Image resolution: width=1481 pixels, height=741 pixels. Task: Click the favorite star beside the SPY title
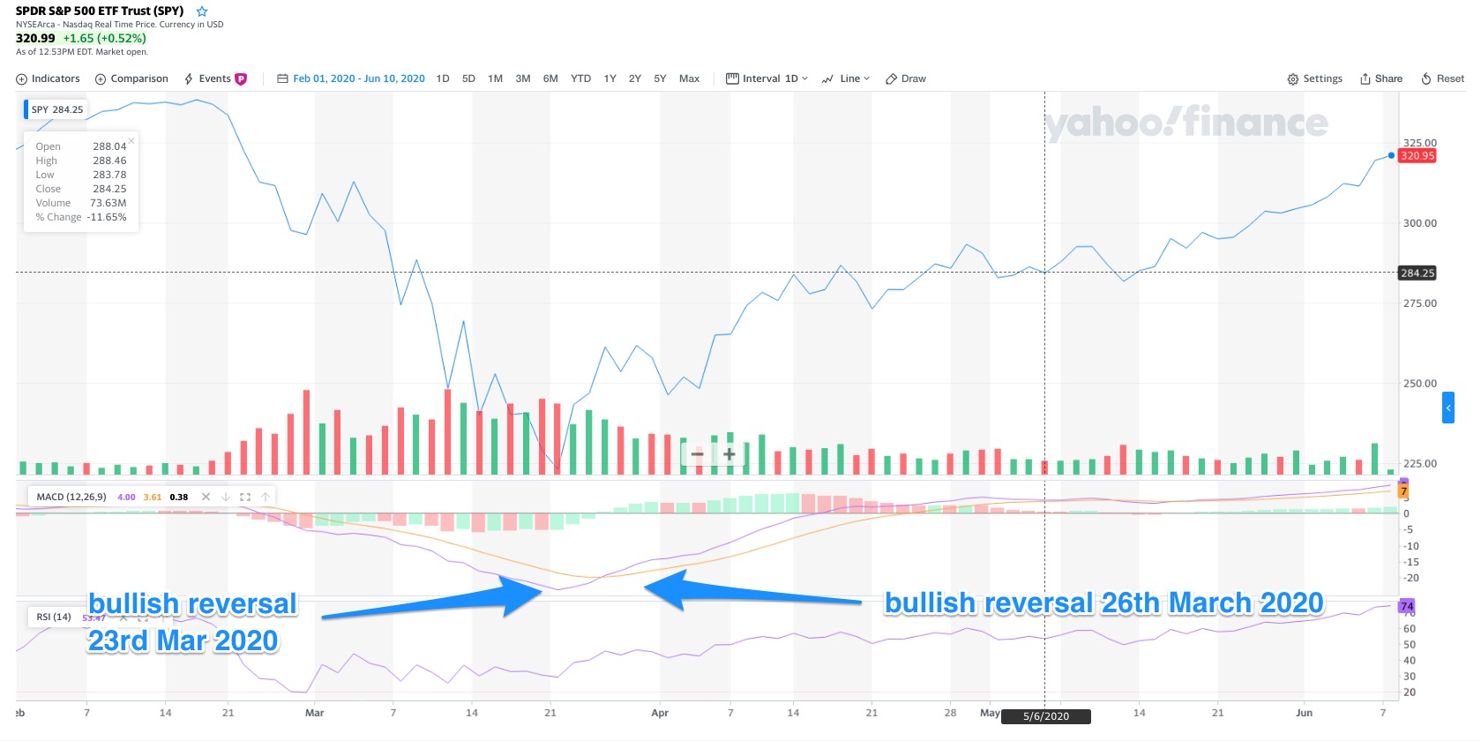click(x=202, y=11)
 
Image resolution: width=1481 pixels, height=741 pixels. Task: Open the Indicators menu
click(x=49, y=79)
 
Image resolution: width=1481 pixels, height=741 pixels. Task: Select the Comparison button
click(x=131, y=79)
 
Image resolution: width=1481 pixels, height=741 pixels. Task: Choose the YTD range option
click(x=580, y=79)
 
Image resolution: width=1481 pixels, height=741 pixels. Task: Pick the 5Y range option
click(x=660, y=79)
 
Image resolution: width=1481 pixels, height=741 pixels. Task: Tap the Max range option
click(x=689, y=79)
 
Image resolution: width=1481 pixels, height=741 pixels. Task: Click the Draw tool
click(x=906, y=79)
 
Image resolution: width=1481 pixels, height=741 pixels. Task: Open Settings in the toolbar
click(x=1314, y=79)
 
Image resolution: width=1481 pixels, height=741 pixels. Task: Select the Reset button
click(x=1442, y=79)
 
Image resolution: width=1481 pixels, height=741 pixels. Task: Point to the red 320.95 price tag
click(x=1417, y=156)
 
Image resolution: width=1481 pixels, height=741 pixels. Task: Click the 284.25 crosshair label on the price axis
click(x=1417, y=273)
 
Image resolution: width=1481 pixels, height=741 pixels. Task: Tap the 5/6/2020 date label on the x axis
click(x=1045, y=716)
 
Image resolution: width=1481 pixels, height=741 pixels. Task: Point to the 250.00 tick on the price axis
click(x=1419, y=384)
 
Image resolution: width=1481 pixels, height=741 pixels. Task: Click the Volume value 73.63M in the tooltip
click(x=108, y=203)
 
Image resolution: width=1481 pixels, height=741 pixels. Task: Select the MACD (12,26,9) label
click(x=71, y=497)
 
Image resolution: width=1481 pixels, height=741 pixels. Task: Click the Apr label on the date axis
click(x=660, y=713)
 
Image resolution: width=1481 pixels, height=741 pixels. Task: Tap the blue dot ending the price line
click(x=1392, y=155)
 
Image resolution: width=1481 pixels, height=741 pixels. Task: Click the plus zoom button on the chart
click(x=729, y=454)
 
